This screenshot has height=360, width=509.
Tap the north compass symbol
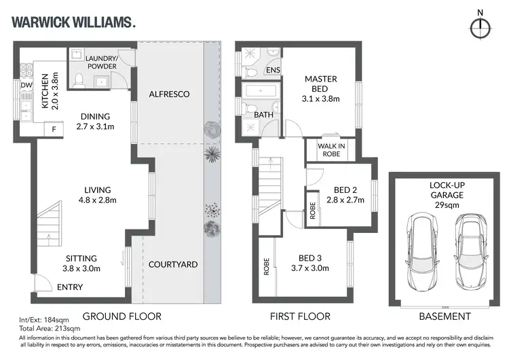tap(480, 26)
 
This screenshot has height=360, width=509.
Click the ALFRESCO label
tap(169, 94)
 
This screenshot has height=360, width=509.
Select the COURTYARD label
tap(173, 264)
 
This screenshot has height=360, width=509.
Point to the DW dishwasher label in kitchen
tap(26, 85)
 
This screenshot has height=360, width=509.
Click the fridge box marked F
tap(54, 128)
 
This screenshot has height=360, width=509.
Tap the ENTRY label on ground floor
tap(70, 287)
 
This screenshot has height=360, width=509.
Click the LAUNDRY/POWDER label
tap(100, 62)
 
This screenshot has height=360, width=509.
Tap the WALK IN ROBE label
tap(328, 149)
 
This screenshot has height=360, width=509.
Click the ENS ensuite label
tap(272, 70)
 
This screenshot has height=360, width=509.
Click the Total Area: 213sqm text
tap(43, 328)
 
